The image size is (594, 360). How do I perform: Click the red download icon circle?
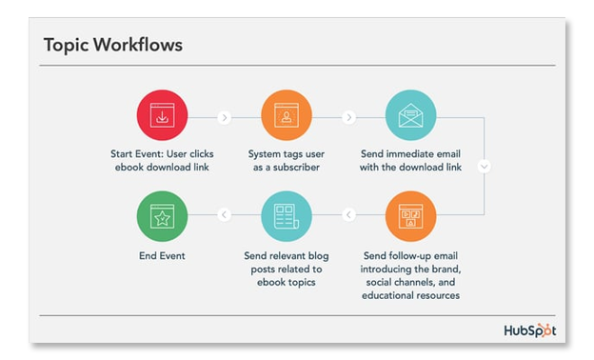pyautogui.click(x=162, y=117)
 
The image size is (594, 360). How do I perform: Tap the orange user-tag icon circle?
pyautogui.click(x=287, y=117)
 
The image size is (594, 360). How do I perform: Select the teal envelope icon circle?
pyautogui.click(x=411, y=117)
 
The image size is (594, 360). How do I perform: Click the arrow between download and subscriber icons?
pyautogui.click(x=224, y=118)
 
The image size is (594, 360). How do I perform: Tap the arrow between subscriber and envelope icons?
pyautogui.click(x=348, y=118)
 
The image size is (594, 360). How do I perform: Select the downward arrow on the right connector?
pyautogui.click(x=485, y=166)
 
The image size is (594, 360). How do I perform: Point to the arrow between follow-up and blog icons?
pyautogui.click(x=348, y=215)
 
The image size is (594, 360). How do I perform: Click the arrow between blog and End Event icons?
pyautogui.click(x=224, y=215)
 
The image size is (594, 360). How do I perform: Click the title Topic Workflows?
pyautogui.click(x=113, y=45)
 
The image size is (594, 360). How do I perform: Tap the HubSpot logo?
pyautogui.click(x=529, y=330)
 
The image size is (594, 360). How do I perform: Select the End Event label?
pyautogui.click(x=161, y=255)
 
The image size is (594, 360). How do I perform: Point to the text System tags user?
pyautogui.click(x=287, y=152)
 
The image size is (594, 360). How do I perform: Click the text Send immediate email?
pyautogui.click(x=411, y=152)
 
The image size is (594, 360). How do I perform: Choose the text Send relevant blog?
pyautogui.click(x=287, y=255)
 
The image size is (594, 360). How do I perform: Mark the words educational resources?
pyautogui.click(x=411, y=295)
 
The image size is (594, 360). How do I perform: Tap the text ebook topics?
pyautogui.click(x=287, y=282)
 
